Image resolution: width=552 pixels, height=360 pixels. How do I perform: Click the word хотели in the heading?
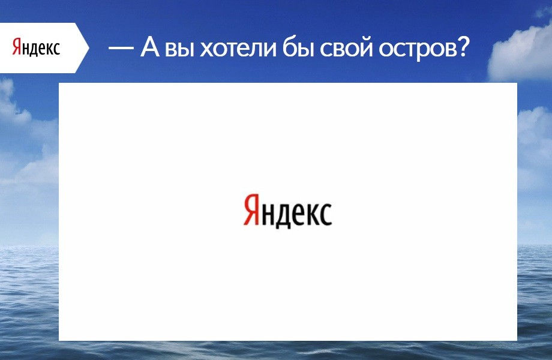click(x=238, y=48)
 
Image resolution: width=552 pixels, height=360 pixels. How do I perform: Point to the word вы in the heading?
click(x=179, y=49)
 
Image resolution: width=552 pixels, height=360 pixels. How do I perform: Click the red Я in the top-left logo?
click(x=17, y=47)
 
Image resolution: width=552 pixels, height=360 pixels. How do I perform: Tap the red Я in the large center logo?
click(x=251, y=209)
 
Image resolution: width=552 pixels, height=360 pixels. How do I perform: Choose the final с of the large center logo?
click(x=326, y=214)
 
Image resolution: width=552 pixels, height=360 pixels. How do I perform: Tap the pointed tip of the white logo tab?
click(x=89, y=48)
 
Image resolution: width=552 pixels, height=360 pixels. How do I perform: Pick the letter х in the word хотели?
click(x=207, y=49)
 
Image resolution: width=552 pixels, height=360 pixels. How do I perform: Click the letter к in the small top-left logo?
click(x=50, y=49)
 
